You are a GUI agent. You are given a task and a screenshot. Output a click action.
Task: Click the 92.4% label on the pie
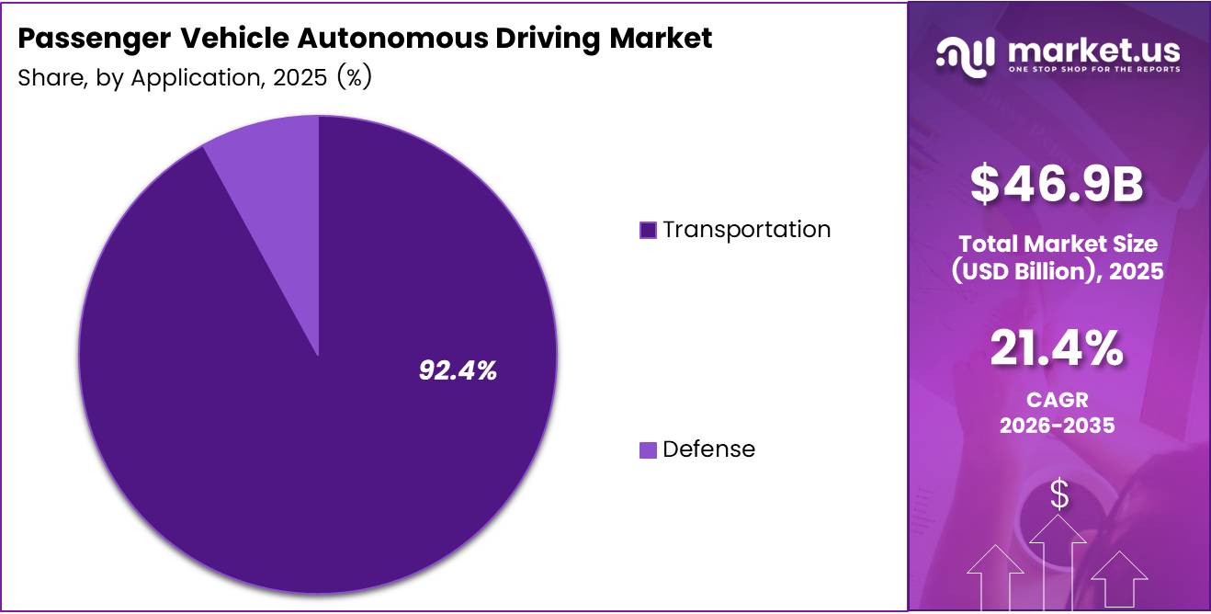tap(458, 370)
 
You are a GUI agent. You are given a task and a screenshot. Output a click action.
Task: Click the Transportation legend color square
tap(648, 230)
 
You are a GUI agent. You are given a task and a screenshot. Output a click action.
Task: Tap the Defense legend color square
tap(648, 449)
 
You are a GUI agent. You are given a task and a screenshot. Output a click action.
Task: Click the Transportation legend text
tap(746, 230)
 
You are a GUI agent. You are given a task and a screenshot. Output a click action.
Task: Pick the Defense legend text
tap(708, 449)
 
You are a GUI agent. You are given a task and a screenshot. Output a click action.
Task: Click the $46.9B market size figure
tap(1058, 184)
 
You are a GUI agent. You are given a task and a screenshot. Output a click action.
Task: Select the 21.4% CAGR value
tap(1057, 349)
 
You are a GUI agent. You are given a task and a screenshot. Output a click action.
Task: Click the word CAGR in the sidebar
tap(1057, 401)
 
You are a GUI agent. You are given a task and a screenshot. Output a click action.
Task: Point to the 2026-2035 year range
tap(1057, 426)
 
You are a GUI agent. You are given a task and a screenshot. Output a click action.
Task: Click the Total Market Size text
tap(1058, 244)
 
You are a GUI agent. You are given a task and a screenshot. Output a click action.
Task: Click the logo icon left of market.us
tap(966, 55)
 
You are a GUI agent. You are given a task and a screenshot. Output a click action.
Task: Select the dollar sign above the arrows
tap(1059, 495)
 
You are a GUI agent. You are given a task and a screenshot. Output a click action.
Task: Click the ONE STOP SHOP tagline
tap(1092, 69)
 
